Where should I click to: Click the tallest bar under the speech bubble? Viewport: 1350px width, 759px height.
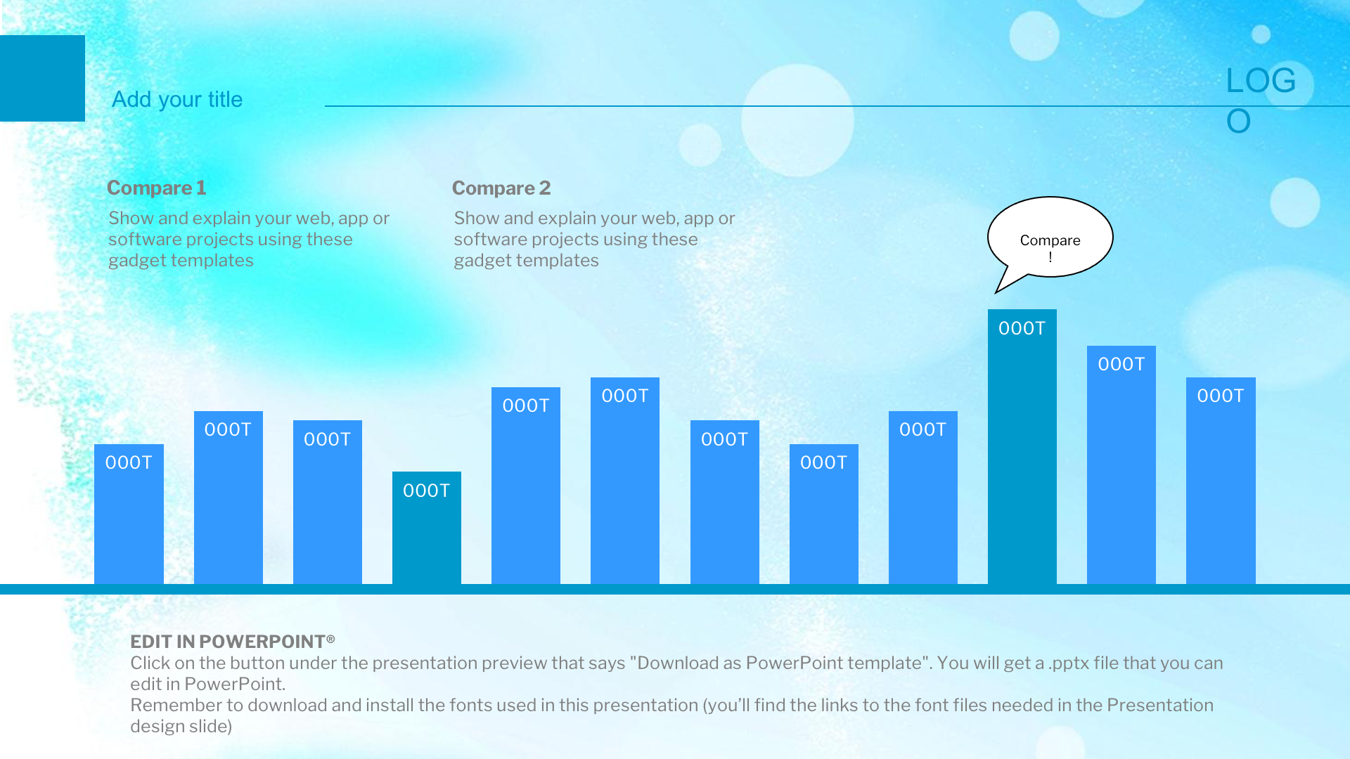tap(1022, 446)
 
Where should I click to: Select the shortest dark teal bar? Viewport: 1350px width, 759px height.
tap(427, 528)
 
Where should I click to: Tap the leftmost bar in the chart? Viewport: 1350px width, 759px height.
tap(129, 514)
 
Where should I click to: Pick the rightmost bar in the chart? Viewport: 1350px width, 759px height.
tap(1221, 481)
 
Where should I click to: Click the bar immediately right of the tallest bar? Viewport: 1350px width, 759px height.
tap(1121, 465)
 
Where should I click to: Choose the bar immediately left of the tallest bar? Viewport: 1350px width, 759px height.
tap(923, 498)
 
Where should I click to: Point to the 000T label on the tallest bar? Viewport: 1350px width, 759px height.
tap(1022, 328)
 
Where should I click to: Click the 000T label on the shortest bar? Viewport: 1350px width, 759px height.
tap(427, 491)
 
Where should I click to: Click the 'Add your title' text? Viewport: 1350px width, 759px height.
tap(177, 100)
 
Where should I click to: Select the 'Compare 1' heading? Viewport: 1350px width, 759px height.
tap(156, 188)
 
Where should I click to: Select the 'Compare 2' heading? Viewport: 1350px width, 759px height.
tap(501, 188)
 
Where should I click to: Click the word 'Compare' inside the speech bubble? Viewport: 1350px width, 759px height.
tap(1050, 240)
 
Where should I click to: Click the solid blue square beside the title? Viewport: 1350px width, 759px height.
tap(42, 78)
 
